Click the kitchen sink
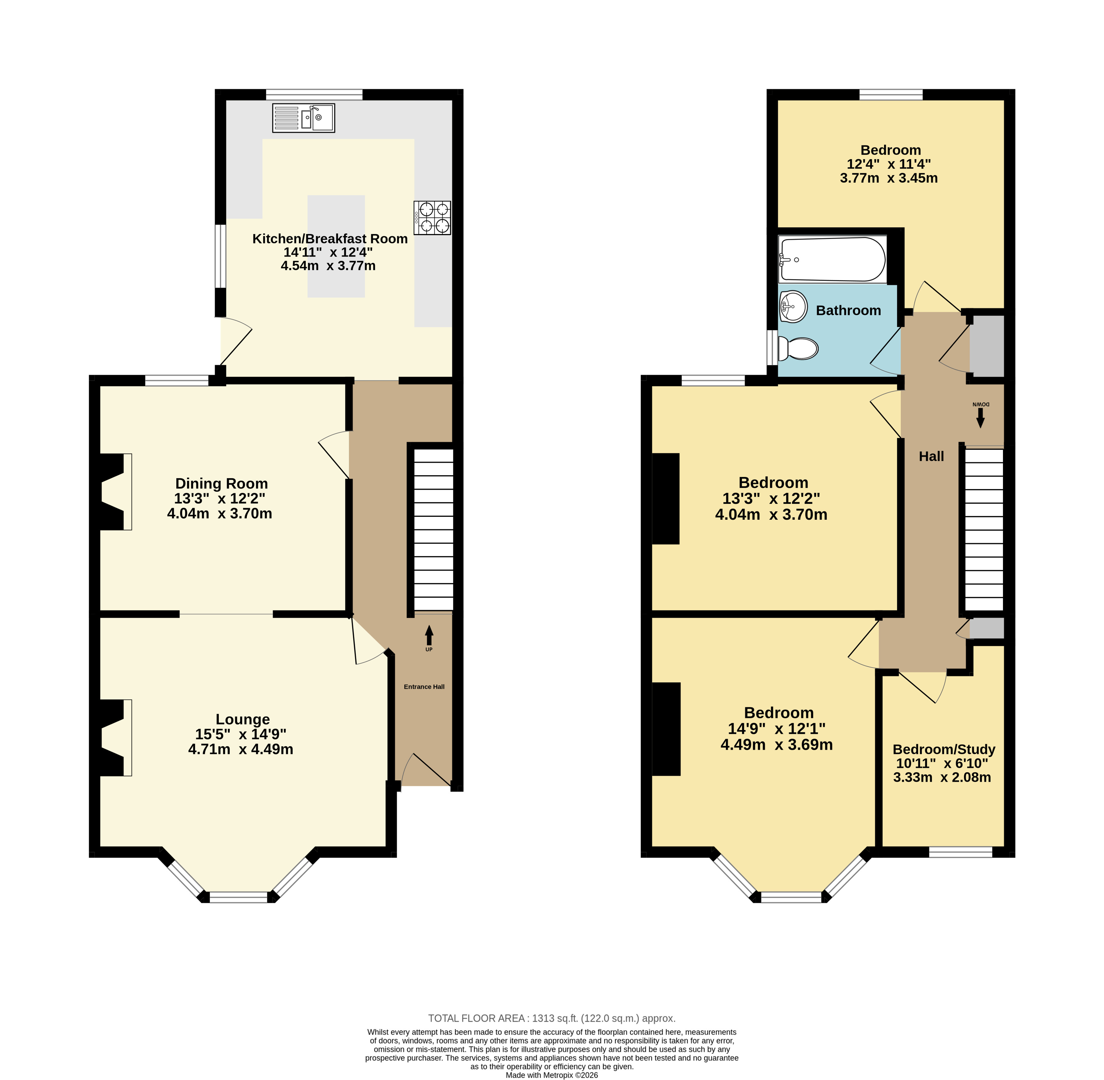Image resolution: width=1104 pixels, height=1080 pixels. [x=303, y=118]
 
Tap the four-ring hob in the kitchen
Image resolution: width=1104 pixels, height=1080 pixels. [x=432, y=218]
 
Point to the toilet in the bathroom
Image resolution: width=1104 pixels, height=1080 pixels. [x=798, y=348]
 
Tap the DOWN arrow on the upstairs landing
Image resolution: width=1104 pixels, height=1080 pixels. [x=980, y=419]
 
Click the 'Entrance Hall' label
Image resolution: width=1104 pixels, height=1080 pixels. [x=424, y=687]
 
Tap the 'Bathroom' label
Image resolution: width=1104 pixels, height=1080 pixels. [x=848, y=310]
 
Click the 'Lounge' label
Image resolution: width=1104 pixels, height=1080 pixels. [x=243, y=719]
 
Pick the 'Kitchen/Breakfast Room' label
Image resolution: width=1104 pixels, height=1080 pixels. [x=330, y=239]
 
